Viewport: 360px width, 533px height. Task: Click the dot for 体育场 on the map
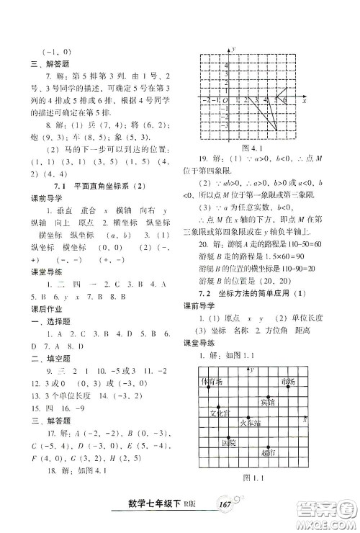209,388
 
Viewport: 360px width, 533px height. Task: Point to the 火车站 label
248,424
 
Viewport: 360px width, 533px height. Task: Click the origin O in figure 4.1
225,100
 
